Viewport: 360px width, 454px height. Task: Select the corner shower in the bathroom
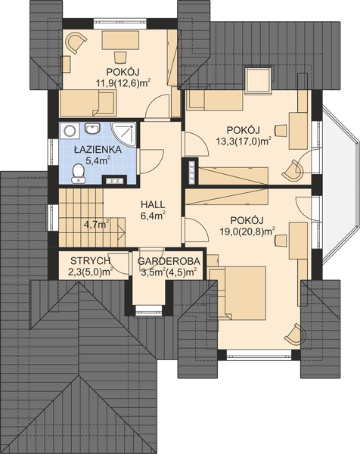(x=123, y=132)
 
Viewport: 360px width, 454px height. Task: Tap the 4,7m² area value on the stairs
(x=96, y=224)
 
